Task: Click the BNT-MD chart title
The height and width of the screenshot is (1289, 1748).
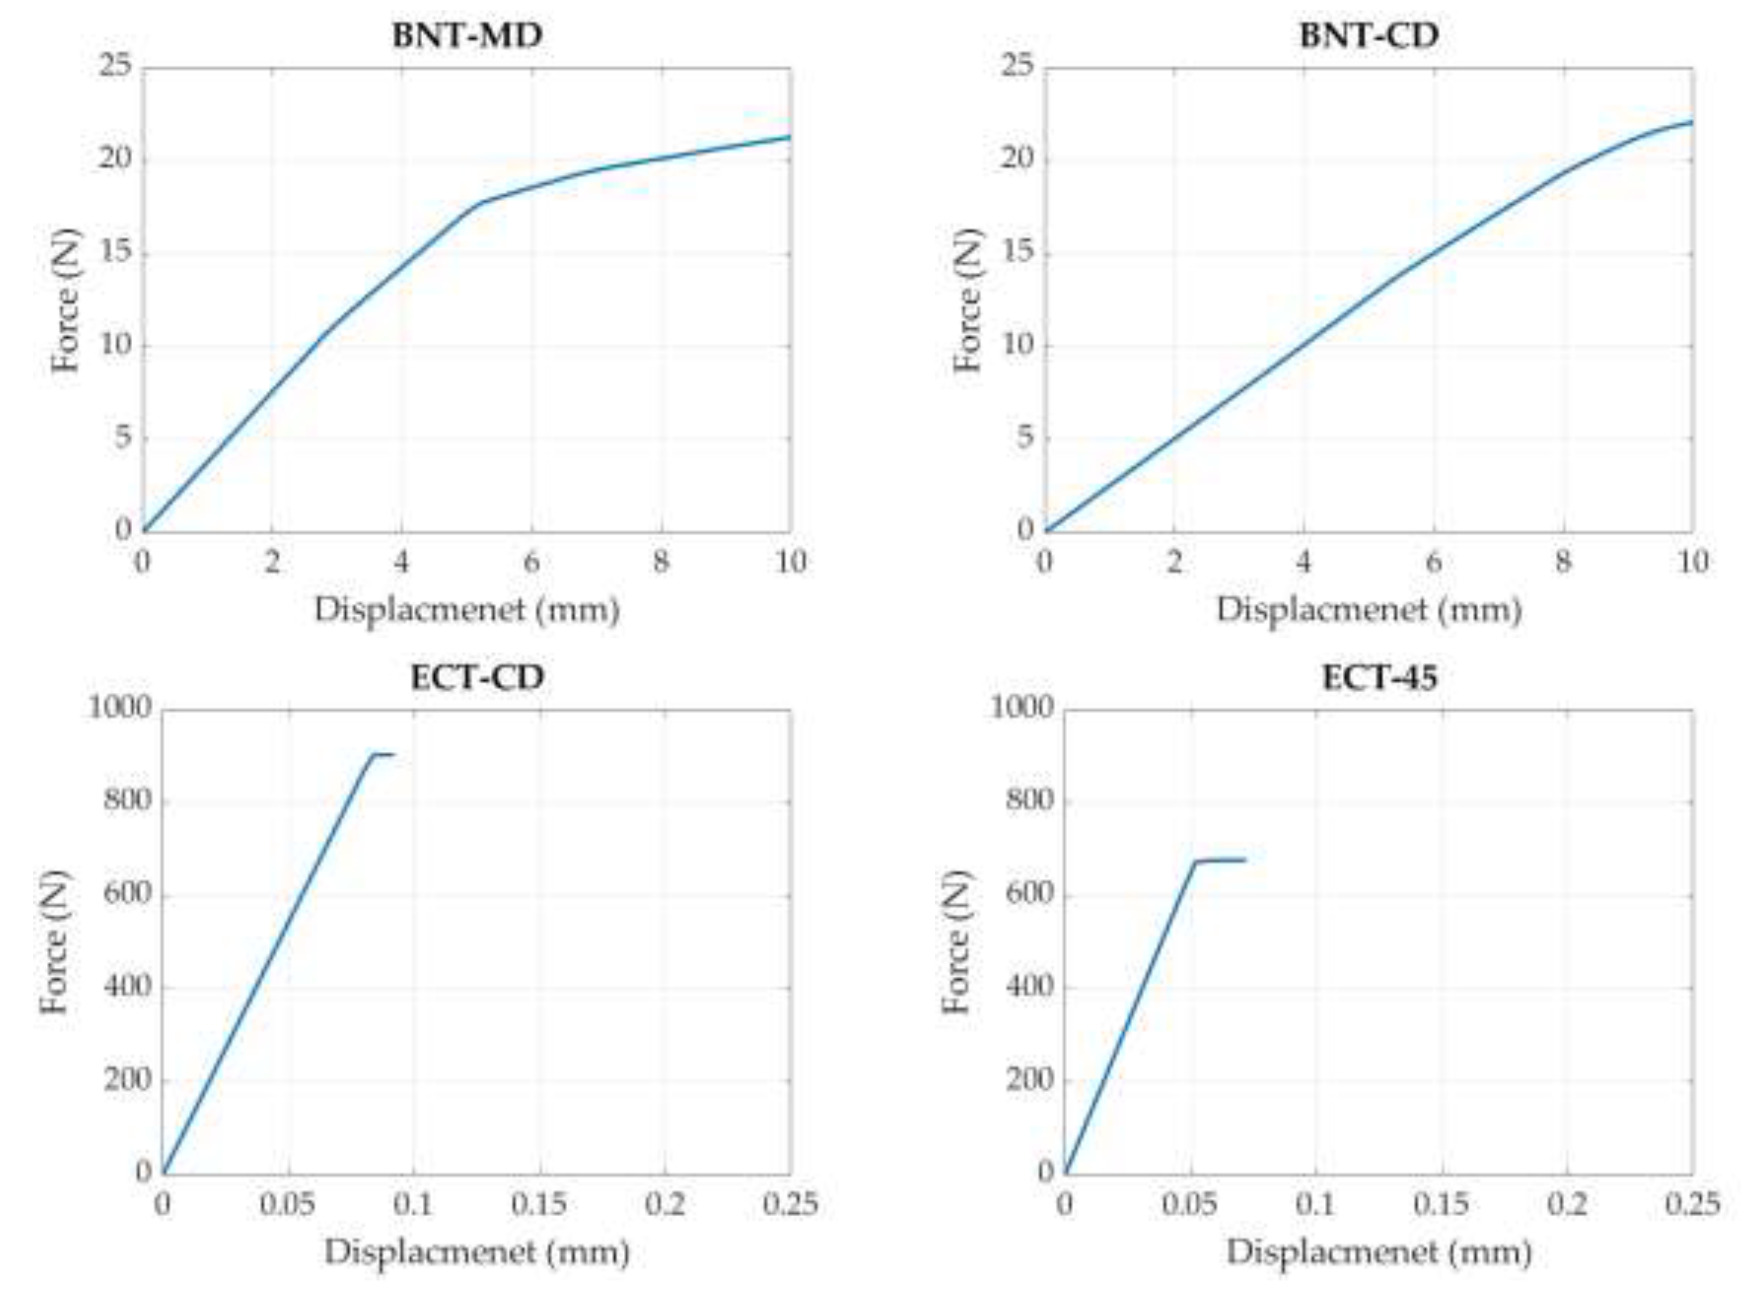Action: point(467,36)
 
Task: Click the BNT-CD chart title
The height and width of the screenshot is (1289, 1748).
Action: point(1369,36)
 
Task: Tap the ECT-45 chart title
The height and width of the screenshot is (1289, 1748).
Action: point(1379,677)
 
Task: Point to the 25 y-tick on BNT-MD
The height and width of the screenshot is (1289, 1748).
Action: point(115,67)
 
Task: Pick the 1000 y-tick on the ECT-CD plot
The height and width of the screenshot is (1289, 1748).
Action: point(119,708)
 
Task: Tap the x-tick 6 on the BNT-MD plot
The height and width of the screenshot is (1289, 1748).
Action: point(531,562)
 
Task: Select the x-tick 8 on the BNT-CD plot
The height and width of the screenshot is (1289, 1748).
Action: point(1562,562)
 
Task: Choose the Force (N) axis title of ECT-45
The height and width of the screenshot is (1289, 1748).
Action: point(956,941)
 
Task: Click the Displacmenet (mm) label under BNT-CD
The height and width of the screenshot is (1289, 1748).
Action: point(1369,610)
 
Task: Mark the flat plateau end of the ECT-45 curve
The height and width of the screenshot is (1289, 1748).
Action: point(1245,860)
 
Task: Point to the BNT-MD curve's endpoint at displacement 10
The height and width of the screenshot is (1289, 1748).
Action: point(789,137)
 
